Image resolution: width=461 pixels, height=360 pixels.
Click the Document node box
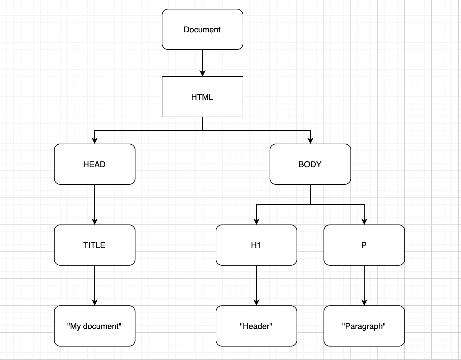[x=203, y=29]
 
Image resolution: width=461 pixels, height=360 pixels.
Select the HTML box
[x=203, y=97]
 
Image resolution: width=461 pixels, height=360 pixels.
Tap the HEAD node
[x=95, y=164]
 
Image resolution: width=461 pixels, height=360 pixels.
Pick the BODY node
[x=310, y=164]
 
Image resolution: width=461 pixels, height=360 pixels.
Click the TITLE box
[x=95, y=245]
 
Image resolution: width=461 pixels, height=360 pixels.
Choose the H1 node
[x=256, y=245]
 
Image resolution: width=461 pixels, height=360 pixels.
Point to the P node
[x=364, y=245]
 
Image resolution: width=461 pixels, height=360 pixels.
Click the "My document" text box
[x=95, y=326]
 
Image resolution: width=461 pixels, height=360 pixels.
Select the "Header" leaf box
[x=256, y=326]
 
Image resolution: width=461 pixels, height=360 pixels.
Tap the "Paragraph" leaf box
[x=364, y=326]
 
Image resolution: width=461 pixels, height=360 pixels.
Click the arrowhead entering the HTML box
[x=203, y=73]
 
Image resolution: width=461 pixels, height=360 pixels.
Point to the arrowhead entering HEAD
[x=95, y=141]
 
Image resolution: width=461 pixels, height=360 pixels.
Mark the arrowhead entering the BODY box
[x=310, y=141]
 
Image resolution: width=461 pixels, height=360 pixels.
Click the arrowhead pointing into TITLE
[x=95, y=221]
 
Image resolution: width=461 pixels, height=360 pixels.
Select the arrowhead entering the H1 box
[x=256, y=221]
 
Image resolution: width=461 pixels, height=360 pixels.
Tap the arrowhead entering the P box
[x=364, y=221]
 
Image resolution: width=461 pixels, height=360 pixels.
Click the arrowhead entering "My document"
[x=95, y=302]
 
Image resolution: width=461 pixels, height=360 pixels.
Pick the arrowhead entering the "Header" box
[x=256, y=302]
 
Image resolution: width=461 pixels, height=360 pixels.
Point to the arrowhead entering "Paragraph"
[x=364, y=302]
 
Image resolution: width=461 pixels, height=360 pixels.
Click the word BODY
[x=310, y=164]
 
